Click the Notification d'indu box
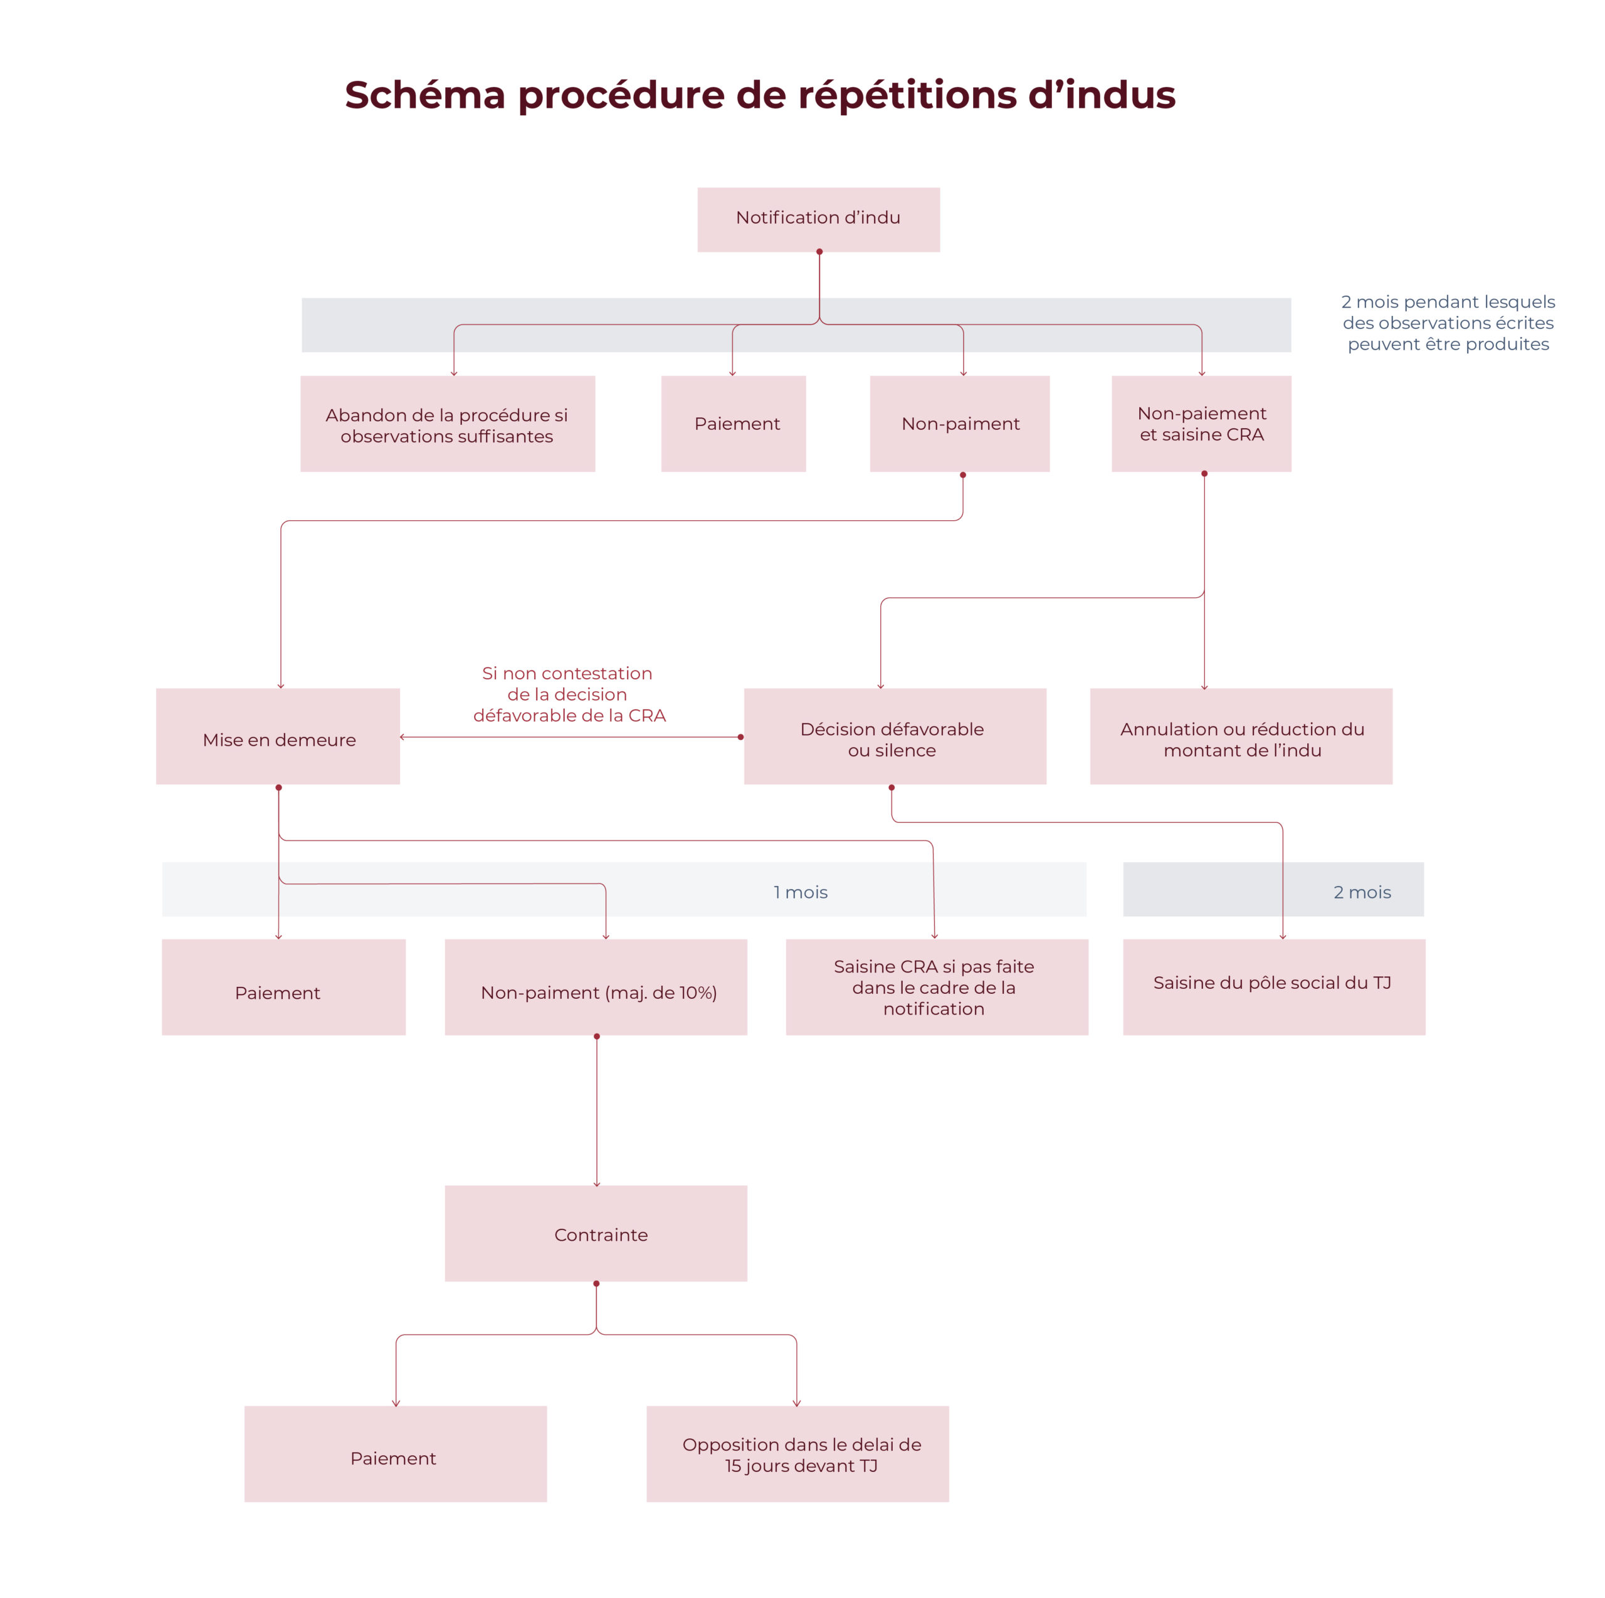tap(818, 219)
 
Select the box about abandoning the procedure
tap(447, 424)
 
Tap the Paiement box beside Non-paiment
tap(734, 424)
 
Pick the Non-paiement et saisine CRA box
tap(1201, 424)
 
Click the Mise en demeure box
tap(278, 737)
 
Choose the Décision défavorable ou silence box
tap(895, 737)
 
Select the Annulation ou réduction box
tap(1241, 737)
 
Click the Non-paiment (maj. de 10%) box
tap(596, 988)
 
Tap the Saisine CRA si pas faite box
tap(936, 988)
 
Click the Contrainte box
tap(596, 1233)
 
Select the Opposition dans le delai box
tap(797, 1454)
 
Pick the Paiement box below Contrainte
tap(396, 1454)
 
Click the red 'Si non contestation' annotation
tap(568, 694)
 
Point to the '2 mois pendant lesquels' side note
tap(1448, 323)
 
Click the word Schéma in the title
tap(424, 95)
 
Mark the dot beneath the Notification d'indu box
tap(819, 252)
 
